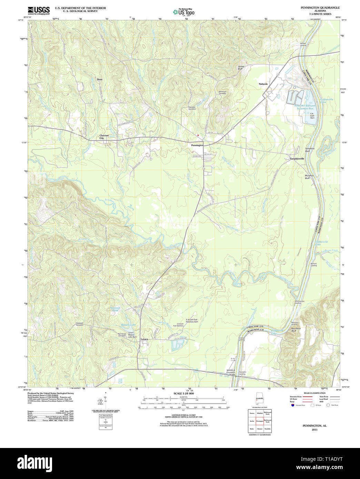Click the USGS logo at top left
[x=39, y=10]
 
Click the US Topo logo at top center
[x=184, y=12]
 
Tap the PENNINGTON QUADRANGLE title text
[x=320, y=8]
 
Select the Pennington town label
[x=197, y=145]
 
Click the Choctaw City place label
[x=104, y=137]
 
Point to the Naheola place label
[x=263, y=84]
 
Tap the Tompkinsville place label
[x=297, y=159]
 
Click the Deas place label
[x=100, y=79]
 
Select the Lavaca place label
[x=144, y=339]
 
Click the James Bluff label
[x=240, y=68]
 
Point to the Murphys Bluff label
[x=309, y=176]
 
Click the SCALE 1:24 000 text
[x=183, y=394]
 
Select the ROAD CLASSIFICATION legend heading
[x=314, y=393]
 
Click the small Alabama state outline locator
[x=259, y=400]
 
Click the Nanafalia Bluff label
[x=294, y=330]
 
